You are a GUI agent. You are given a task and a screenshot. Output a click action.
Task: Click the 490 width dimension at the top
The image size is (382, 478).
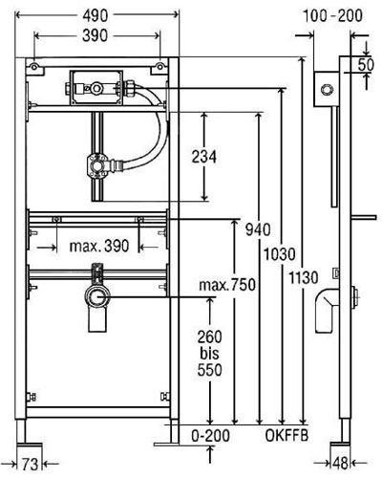(x=95, y=15)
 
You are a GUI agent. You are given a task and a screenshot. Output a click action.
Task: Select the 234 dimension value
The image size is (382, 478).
(x=204, y=157)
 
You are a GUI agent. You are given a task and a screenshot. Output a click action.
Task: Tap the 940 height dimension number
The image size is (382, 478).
(x=258, y=229)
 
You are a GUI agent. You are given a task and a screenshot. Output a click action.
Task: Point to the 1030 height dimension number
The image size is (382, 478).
(x=280, y=254)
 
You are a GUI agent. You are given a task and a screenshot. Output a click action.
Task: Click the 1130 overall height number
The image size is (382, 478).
(x=304, y=277)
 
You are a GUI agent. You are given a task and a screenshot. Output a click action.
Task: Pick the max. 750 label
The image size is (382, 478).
(x=227, y=285)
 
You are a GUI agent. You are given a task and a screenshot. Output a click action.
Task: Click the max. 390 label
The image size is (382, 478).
(x=99, y=246)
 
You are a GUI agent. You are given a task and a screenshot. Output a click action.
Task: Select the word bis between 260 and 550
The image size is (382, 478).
(x=210, y=353)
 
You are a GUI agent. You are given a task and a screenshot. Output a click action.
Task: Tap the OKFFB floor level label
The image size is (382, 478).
(x=286, y=435)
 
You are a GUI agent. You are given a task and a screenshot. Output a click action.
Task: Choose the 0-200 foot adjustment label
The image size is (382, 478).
(x=210, y=435)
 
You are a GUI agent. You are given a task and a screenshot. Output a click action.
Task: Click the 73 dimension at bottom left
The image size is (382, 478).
(x=30, y=464)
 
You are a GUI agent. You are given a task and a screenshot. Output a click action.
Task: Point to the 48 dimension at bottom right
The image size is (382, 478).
(x=340, y=463)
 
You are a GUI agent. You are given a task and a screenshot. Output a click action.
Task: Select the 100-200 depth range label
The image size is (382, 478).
(x=332, y=15)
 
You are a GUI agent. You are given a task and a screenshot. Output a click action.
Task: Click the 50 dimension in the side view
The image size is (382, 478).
(x=366, y=65)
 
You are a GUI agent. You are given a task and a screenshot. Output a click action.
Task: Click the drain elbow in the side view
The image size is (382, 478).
(x=327, y=310)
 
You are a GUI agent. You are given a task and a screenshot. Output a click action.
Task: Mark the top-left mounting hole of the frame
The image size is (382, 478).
(x=33, y=66)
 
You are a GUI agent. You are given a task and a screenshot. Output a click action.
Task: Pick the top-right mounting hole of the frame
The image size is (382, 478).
(x=160, y=66)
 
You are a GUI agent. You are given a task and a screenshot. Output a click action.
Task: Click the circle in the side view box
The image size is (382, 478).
(x=326, y=90)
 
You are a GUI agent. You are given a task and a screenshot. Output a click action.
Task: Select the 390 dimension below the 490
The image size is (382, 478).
(x=95, y=35)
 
